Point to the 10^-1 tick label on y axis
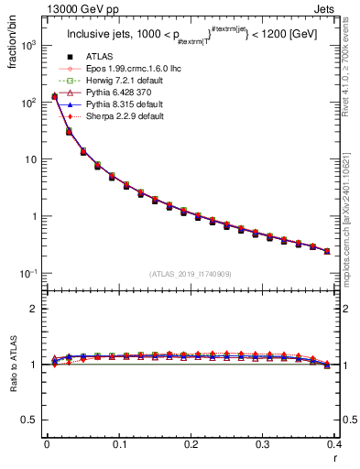click(x=29, y=274)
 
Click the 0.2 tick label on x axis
click(x=191, y=444)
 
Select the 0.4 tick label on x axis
click(x=334, y=444)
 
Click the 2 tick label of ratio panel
click(x=35, y=309)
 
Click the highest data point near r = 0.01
click(x=54, y=96)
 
